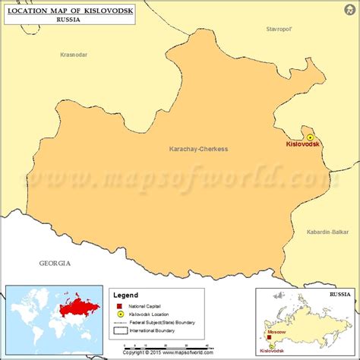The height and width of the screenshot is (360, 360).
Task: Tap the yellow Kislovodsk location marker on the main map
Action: (x=310, y=137)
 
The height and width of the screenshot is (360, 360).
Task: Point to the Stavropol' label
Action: (x=279, y=29)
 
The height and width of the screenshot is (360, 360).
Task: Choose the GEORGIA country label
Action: (x=55, y=263)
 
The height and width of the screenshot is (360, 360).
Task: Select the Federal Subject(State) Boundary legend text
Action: (x=168, y=321)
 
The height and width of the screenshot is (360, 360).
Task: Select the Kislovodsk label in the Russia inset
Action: (x=272, y=350)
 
